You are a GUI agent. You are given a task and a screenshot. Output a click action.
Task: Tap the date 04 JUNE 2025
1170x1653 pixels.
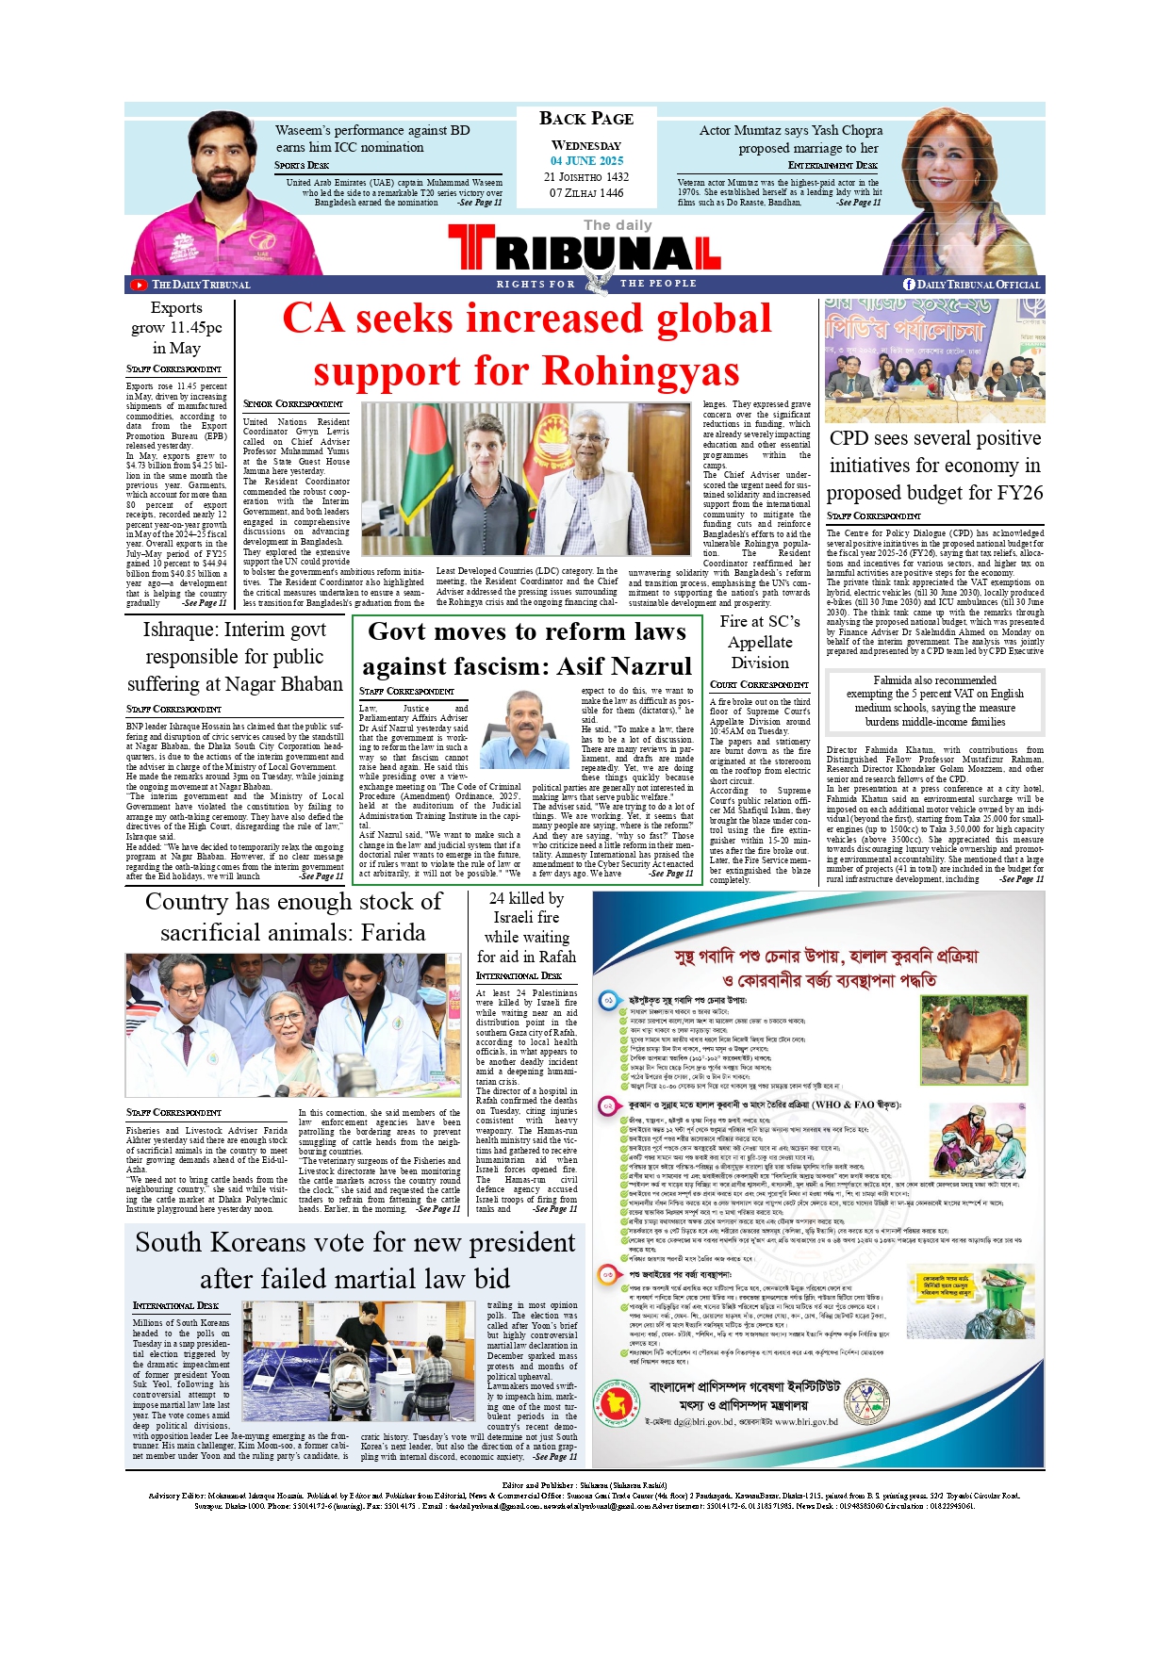586,161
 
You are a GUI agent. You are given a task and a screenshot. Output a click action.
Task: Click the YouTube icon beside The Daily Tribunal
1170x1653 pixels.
139,285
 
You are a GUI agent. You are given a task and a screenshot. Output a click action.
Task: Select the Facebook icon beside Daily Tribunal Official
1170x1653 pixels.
909,285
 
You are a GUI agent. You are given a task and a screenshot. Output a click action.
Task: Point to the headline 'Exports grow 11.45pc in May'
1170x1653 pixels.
176,328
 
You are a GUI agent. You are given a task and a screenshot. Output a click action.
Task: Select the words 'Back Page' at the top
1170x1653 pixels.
586,119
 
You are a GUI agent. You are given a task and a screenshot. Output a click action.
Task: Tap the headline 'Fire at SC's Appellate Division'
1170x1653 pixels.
760,642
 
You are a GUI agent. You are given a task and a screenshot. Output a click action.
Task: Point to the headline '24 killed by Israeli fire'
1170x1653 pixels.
526,928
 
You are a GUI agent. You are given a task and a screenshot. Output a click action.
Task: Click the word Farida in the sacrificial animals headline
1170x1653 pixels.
393,933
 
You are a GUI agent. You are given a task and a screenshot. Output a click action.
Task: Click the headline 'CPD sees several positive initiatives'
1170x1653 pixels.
934,466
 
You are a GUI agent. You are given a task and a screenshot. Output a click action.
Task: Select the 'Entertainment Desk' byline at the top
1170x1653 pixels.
832,165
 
